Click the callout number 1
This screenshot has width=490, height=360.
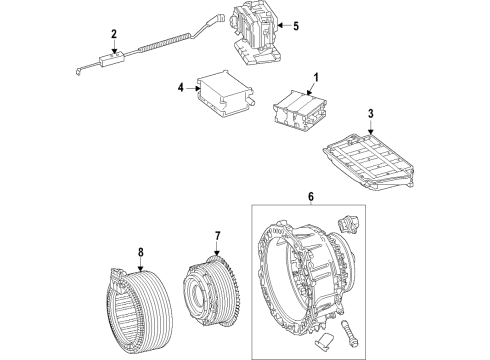[x=316, y=78]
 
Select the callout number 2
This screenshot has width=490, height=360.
[x=114, y=34]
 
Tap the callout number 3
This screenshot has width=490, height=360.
[x=371, y=114]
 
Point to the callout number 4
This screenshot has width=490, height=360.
[x=180, y=88]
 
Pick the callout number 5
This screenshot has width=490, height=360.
[x=296, y=26]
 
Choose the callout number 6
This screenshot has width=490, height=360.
[x=311, y=196]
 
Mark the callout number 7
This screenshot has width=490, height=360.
[x=217, y=236]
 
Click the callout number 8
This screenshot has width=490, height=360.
[x=141, y=252]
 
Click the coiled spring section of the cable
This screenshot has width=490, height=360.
[x=165, y=42]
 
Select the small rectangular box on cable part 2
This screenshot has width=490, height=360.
[x=112, y=58]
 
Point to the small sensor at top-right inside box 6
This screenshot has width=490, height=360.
[x=349, y=223]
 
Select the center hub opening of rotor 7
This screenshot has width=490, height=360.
[x=198, y=293]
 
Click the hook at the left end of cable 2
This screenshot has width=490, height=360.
[x=79, y=71]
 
